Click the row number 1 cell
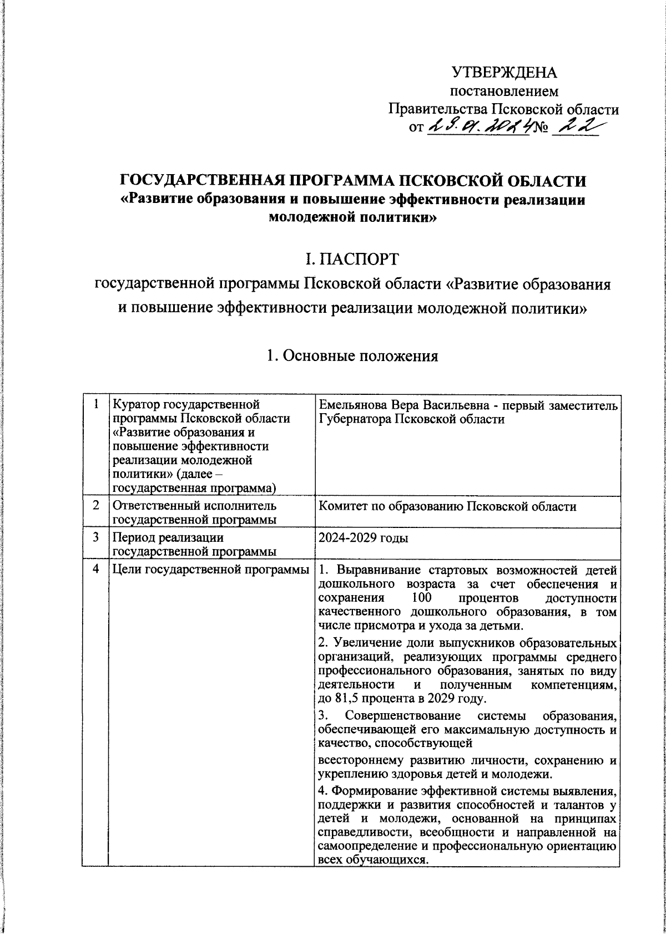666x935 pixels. click(95, 405)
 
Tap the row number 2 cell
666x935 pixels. click(95, 505)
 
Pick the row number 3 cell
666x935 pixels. click(95, 537)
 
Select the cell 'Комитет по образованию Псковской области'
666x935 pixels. click(448, 506)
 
